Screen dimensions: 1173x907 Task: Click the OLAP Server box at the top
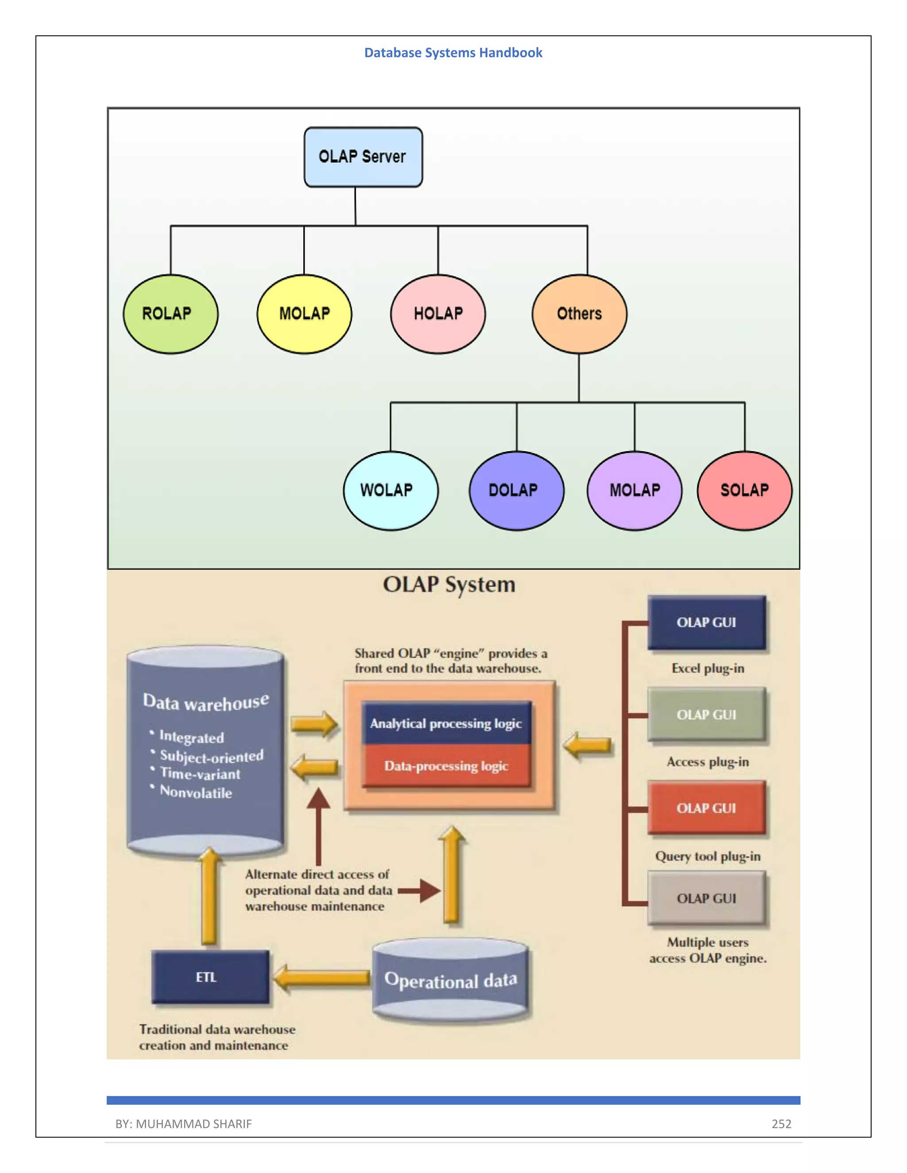click(x=363, y=157)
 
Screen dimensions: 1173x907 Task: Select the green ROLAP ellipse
click(x=171, y=314)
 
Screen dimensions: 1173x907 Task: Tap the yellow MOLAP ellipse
click(x=304, y=314)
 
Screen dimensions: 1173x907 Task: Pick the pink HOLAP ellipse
click(x=438, y=314)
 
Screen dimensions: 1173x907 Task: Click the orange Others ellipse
click(x=579, y=314)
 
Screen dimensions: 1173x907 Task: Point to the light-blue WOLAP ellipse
click(x=391, y=490)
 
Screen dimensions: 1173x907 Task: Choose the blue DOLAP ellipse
click(x=516, y=490)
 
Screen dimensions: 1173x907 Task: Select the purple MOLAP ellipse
click(x=635, y=490)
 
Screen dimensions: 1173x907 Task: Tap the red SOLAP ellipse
click(x=744, y=490)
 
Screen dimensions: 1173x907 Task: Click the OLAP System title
click(x=449, y=584)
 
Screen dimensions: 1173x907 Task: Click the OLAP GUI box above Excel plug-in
click(x=706, y=622)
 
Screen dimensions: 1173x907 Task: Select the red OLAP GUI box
click(x=706, y=808)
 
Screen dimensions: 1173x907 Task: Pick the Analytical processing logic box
click(x=446, y=723)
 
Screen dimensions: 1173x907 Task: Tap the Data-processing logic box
click(x=446, y=766)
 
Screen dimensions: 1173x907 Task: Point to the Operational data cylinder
click(x=450, y=981)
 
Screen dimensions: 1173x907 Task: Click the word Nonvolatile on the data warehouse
click(x=196, y=792)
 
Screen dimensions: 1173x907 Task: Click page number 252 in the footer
click(x=781, y=1123)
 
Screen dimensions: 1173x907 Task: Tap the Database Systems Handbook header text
click(x=453, y=53)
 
